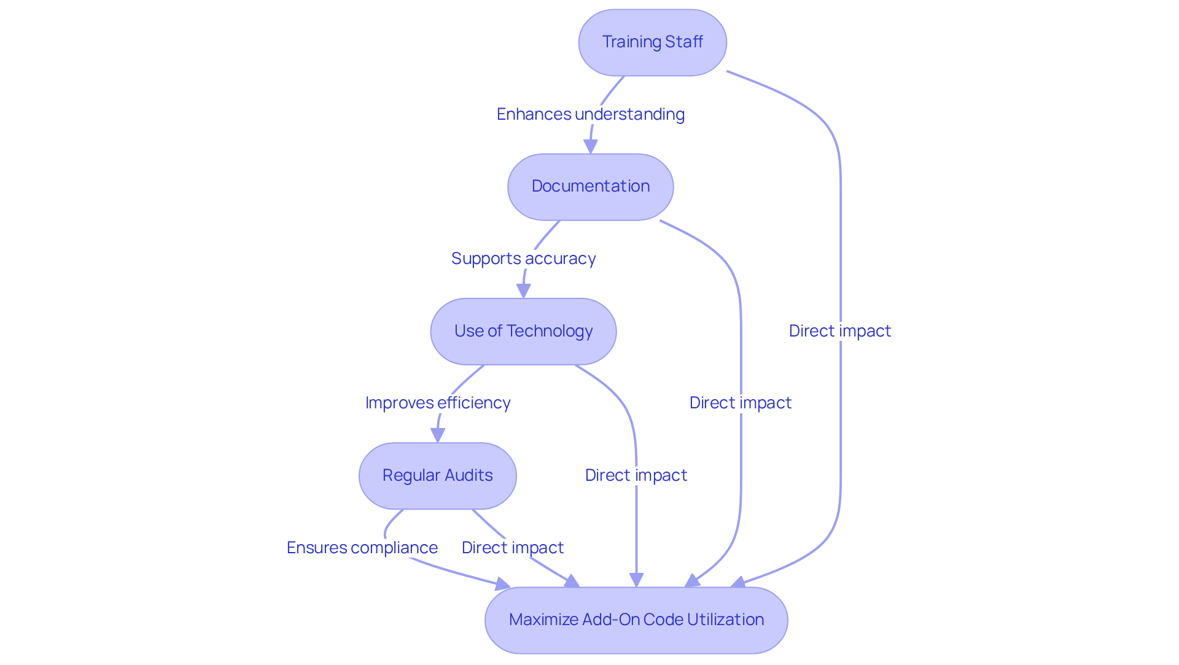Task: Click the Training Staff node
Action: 652,42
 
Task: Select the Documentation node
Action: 591,187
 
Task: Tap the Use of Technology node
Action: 524,332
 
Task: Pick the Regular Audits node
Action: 438,476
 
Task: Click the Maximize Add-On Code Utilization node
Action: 636,620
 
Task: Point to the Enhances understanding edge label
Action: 591,114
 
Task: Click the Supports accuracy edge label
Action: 524,259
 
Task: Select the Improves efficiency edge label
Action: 438,403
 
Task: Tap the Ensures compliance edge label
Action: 362,548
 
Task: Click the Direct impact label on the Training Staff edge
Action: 840,331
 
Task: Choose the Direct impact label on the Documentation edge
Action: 741,403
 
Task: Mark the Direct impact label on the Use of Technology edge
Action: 636,475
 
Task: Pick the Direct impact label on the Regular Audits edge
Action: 513,548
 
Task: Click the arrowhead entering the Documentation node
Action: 591,147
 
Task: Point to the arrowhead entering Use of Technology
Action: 524,291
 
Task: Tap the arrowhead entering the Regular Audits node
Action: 438,435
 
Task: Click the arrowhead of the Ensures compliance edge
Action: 503,584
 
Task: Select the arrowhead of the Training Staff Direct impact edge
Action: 738,582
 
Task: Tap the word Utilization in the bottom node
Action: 726,620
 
